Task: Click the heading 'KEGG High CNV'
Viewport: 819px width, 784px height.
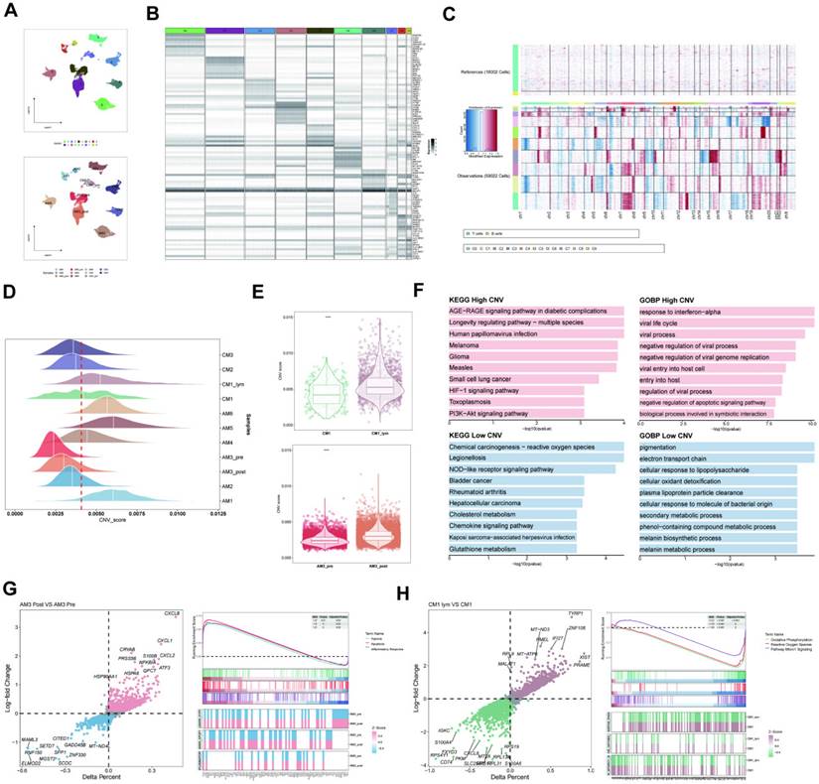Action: tap(464, 296)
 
